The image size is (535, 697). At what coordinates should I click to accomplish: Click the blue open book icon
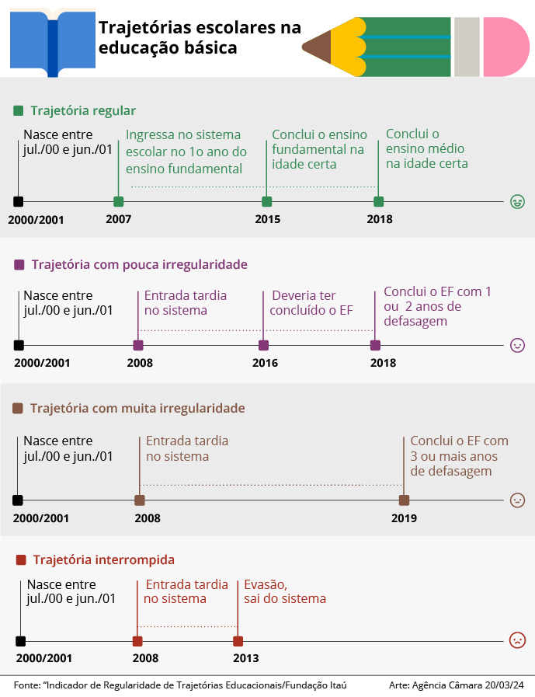(53, 43)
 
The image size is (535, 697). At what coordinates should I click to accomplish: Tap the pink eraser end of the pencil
(506, 47)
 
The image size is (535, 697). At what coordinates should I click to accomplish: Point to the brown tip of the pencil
(316, 46)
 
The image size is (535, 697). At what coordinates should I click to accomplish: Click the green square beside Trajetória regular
(18, 110)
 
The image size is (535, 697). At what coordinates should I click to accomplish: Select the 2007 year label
(118, 219)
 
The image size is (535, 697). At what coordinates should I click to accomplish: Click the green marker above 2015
(266, 202)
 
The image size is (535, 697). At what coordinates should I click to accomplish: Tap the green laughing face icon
(517, 202)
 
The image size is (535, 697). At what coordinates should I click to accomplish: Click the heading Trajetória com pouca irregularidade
(140, 264)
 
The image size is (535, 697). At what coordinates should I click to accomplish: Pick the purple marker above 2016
(263, 345)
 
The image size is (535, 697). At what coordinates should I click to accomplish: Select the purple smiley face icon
(517, 345)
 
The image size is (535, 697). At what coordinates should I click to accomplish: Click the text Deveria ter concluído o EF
(311, 303)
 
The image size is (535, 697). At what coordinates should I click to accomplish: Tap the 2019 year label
(404, 518)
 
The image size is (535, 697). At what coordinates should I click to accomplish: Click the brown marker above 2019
(404, 500)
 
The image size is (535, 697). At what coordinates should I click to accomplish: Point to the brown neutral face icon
(517, 500)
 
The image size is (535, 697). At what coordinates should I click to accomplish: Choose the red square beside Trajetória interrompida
(21, 560)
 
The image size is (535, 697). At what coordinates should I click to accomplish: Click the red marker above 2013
(238, 641)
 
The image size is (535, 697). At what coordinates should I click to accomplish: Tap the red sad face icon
(517, 640)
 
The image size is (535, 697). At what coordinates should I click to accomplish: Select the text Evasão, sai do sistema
(285, 591)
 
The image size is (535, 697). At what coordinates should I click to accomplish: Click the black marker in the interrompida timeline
(20, 641)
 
